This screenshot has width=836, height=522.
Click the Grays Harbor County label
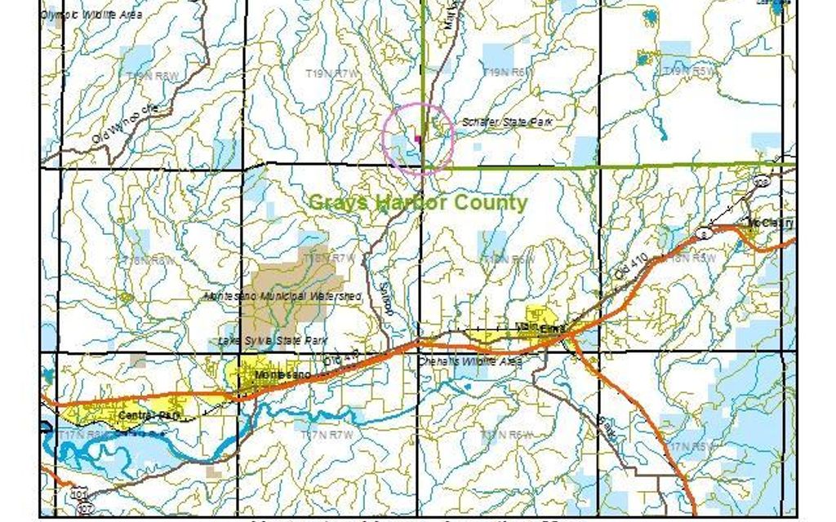pyautogui.click(x=417, y=202)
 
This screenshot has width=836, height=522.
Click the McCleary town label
pyautogui.click(x=770, y=223)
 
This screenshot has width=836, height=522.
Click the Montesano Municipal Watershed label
pyautogui.click(x=283, y=296)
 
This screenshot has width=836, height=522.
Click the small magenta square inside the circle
pyautogui.click(x=418, y=138)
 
